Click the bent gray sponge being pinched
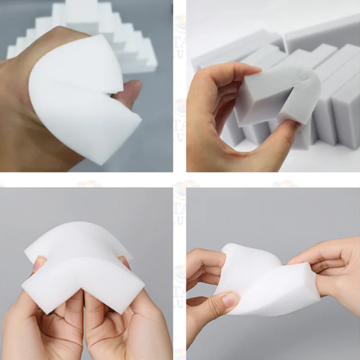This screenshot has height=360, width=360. coord(277,97)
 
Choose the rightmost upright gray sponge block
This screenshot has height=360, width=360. coord(347,113)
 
